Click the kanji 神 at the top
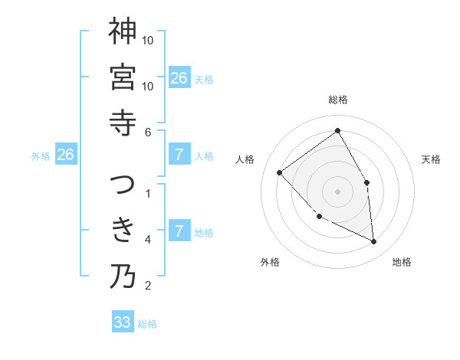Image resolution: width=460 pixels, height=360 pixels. pyautogui.click(x=123, y=32)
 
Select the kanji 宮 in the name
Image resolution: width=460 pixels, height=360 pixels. pyautogui.click(x=123, y=77)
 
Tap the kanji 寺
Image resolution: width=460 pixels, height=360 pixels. pyautogui.click(x=123, y=123)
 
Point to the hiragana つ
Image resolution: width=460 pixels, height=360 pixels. pyautogui.click(x=123, y=185)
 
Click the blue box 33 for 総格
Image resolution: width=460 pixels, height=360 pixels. pyautogui.click(x=123, y=322)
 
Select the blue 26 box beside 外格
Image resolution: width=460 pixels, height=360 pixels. pyautogui.click(x=65, y=155)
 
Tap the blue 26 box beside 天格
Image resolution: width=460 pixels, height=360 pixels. pyautogui.click(x=179, y=78)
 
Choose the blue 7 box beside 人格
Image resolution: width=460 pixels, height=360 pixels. pyautogui.click(x=179, y=155)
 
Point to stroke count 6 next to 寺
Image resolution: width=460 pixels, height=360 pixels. pyautogui.click(x=148, y=132)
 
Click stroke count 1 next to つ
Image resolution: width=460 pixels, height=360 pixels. pyautogui.click(x=148, y=194)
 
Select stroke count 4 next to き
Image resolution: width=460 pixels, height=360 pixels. pyautogui.click(x=148, y=240)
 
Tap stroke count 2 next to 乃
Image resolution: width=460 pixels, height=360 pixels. pyautogui.click(x=148, y=286)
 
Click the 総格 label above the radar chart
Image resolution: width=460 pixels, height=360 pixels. pyautogui.click(x=337, y=100)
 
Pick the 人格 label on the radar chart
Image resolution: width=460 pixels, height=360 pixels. pyautogui.click(x=245, y=159)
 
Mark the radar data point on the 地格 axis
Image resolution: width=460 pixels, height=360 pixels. pyautogui.click(x=374, y=242)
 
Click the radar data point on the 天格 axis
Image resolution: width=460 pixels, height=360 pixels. pyautogui.click(x=367, y=182)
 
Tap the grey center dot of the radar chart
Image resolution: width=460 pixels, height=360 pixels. pyautogui.click(x=337, y=191)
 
